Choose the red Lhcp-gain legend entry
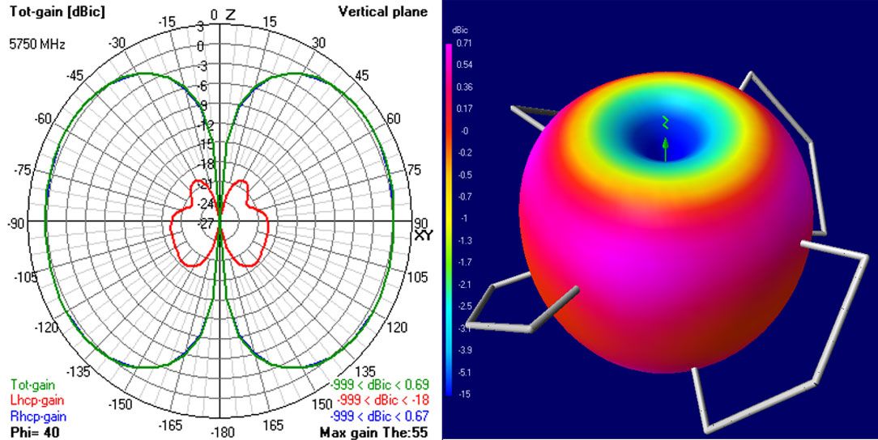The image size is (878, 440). click(37, 400)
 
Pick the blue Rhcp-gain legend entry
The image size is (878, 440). click(38, 417)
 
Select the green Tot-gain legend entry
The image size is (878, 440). click(33, 385)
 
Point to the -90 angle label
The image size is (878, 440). click(17, 222)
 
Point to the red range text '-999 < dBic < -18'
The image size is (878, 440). click(379, 400)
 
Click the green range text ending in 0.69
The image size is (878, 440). click(379, 385)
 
